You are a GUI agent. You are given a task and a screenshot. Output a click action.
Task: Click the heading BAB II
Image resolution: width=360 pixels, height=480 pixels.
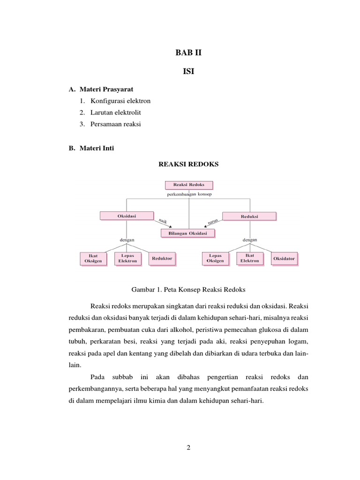click(189, 52)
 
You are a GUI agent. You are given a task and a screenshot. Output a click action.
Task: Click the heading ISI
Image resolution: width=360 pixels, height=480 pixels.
click(189, 71)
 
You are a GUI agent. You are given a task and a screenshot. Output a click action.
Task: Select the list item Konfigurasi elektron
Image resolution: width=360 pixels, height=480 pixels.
click(120, 101)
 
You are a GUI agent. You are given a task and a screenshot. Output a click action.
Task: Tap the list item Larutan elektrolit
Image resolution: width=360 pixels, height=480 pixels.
click(116, 112)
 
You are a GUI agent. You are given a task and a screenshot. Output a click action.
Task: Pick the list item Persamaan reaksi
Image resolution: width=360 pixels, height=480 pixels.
click(116, 124)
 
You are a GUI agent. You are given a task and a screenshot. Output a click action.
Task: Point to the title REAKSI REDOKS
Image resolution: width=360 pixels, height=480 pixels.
click(189, 164)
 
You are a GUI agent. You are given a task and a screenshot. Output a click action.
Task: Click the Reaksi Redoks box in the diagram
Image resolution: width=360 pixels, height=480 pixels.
click(189, 185)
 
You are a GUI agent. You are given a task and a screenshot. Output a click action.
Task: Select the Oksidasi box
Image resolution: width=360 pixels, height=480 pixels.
click(127, 216)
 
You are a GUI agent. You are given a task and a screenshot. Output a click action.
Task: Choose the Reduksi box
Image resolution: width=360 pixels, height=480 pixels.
click(249, 216)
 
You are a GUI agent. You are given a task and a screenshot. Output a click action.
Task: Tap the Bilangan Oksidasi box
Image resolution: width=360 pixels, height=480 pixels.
click(187, 233)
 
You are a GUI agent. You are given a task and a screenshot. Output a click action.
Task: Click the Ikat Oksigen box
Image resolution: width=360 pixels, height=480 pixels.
click(93, 258)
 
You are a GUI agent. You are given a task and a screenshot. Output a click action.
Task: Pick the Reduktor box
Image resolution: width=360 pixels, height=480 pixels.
click(162, 258)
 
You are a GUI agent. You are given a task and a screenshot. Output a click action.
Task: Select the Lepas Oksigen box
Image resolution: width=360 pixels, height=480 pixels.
click(216, 258)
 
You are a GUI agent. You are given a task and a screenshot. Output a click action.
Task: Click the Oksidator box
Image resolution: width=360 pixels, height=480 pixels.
click(284, 258)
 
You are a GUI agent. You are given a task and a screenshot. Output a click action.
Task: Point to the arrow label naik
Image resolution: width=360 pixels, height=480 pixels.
click(163, 221)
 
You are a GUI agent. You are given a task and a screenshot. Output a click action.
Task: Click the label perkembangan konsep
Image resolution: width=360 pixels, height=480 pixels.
click(189, 194)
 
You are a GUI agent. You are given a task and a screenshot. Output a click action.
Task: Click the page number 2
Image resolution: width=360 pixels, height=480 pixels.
click(188, 448)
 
